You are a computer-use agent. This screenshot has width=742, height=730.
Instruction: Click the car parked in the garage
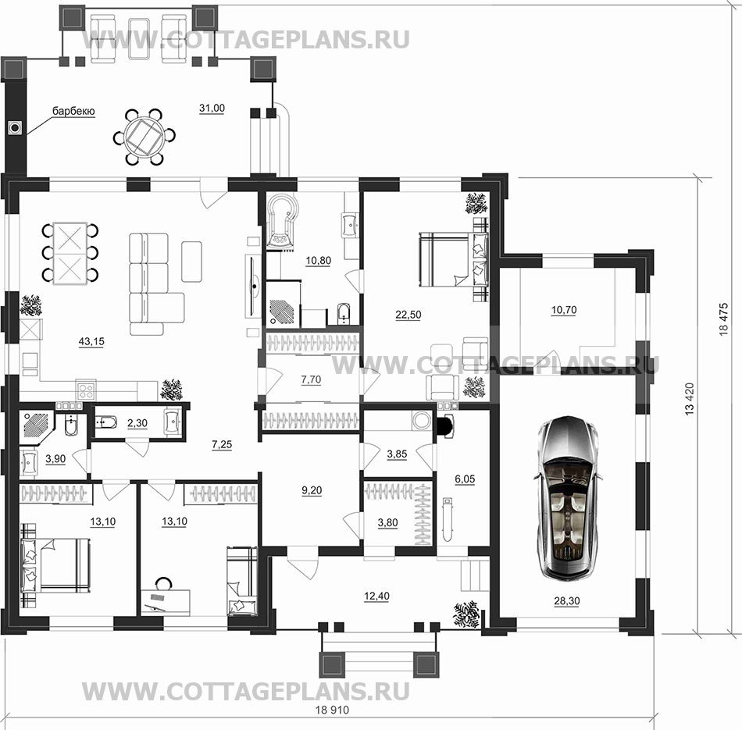(569, 498)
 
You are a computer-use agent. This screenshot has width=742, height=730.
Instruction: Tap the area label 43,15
(91, 342)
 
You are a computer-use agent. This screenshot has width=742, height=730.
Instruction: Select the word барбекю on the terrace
(73, 111)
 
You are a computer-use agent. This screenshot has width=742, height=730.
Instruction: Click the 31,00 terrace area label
(212, 109)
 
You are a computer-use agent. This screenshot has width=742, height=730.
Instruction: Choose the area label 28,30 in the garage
(566, 601)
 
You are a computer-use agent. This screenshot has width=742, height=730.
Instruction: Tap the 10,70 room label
(564, 311)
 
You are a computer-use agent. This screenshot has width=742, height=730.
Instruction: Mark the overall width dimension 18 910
(332, 710)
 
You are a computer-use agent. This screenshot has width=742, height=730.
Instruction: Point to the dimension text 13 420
(690, 399)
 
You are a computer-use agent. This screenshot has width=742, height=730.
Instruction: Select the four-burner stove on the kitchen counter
(86, 391)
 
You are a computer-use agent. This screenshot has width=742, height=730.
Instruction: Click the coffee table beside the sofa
(191, 262)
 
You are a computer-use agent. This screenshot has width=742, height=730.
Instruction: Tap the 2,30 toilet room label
(137, 423)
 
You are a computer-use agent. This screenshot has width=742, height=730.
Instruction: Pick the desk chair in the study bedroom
(164, 583)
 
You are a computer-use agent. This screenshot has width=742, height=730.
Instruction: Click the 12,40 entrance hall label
(376, 596)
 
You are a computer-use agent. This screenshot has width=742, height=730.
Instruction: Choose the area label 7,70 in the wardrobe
(311, 379)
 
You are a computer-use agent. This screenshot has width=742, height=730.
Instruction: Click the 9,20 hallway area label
(312, 490)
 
